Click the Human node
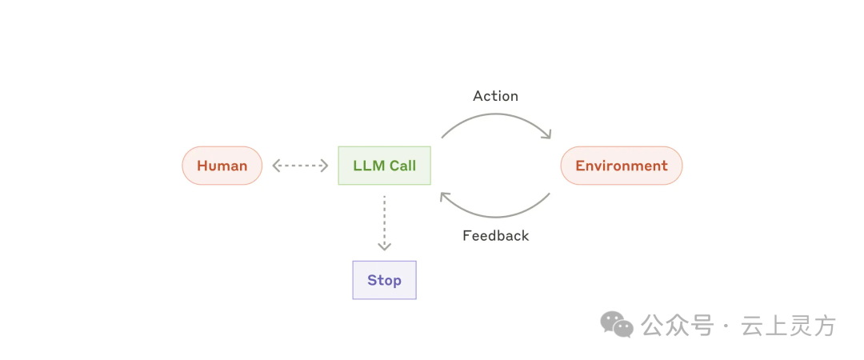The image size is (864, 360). point(222,166)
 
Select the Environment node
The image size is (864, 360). point(622,166)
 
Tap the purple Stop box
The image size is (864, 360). point(385,280)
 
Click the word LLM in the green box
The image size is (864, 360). point(369,166)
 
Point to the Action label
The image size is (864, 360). point(495,96)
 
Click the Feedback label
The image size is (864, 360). point(495,236)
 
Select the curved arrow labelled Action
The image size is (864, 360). point(496,114)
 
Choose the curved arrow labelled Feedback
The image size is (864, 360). point(495,217)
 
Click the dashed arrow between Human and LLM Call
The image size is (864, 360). point(300,166)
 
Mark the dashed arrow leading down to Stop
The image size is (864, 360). point(384,223)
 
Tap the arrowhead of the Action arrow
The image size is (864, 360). point(546,134)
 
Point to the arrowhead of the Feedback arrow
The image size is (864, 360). point(445,198)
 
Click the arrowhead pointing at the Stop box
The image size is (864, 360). point(384,247)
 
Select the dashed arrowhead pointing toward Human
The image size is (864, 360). point(276,166)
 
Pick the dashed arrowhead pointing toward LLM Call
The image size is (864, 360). point(325,166)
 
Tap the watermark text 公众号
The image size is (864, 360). point(678,326)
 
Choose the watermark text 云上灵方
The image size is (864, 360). point(789,326)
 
